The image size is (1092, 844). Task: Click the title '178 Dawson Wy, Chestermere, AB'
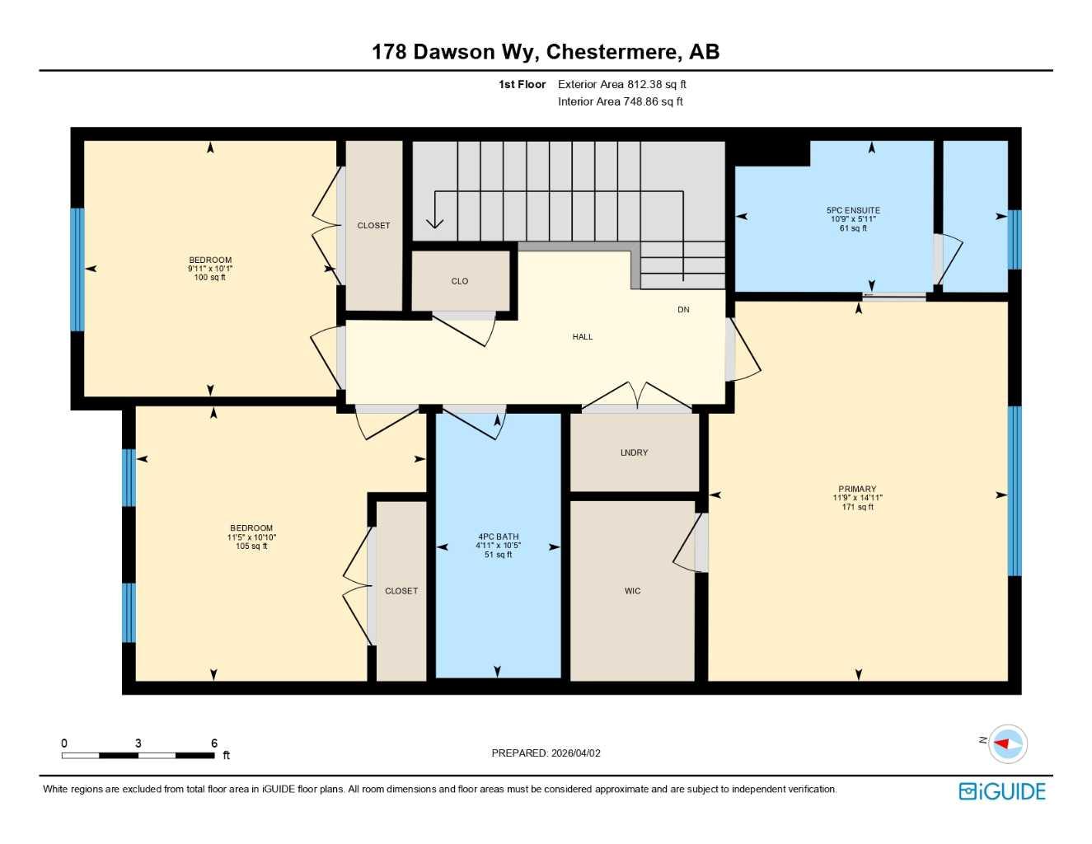[x=546, y=52]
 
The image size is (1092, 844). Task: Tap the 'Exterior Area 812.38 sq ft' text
[x=621, y=84]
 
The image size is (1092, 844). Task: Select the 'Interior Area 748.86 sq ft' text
[x=620, y=101]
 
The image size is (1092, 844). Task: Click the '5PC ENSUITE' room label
[x=853, y=211]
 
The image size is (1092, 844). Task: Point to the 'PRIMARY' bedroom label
[x=857, y=489]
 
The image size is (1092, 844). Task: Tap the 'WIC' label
[x=632, y=591]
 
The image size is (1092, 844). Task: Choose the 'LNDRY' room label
[x=634, y=452]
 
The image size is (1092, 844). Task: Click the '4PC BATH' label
[x=498, y=537]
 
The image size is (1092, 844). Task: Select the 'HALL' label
[x=583, y=336]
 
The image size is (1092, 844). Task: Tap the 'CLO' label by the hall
[x=460, y=281]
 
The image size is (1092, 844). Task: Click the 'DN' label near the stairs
[x=683, y=310]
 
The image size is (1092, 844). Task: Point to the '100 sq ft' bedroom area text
[x=210, y=278]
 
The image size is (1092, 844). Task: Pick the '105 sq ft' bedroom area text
[x=251, y=546]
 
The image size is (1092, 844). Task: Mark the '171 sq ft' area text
[x=857, y=507]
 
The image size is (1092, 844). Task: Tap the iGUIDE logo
[x=1002, y=791]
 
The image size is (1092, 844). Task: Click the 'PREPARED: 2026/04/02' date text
[x=546, y=753]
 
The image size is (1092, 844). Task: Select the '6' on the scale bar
[x=214, y=743]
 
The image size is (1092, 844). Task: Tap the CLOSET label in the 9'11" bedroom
[x=373, y=226]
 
